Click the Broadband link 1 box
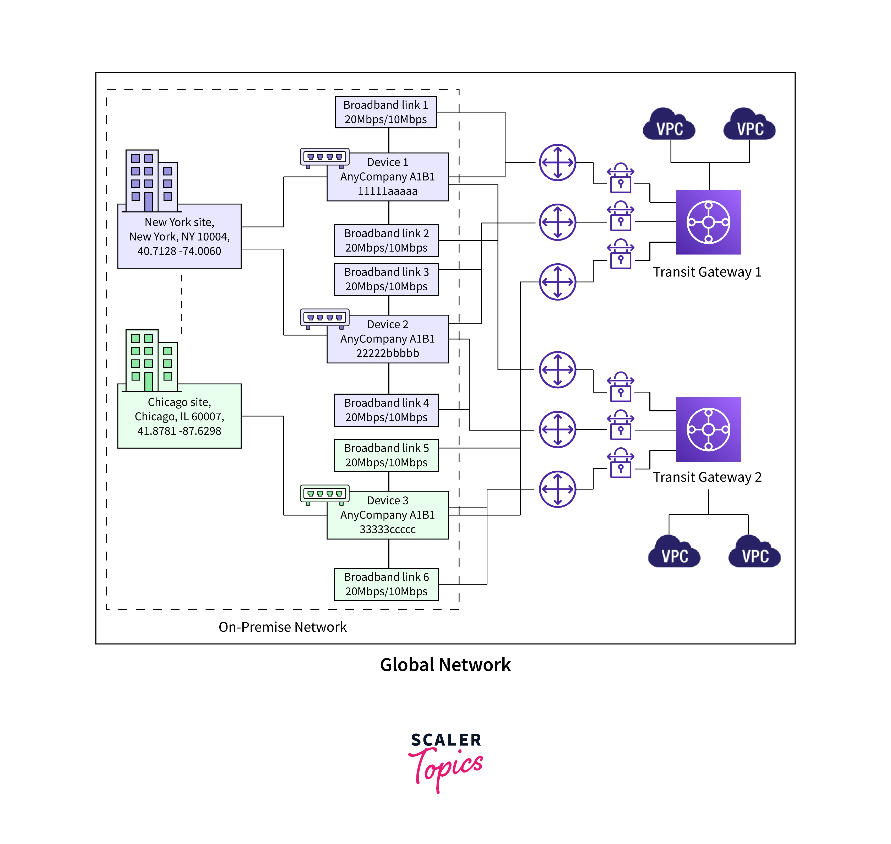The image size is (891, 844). pyautogui.click(x=386, y=112)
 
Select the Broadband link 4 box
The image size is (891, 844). pyautogui.click(x=386, y=410)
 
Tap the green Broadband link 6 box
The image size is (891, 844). pyautogui.click(x=386, y=584)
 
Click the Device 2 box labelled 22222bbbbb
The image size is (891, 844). pyautogui.click(x=387, y=339)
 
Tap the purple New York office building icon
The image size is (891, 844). pyautogui.click(x=151, y=181)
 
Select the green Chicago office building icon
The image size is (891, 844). pyautogui.click(x=151, y=361)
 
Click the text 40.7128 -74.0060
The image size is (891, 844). pyautogui.click(x=179, y=251)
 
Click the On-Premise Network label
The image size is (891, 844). pyautogui.click(x=282, y=627)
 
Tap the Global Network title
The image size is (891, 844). pyautogui.click(x=445, y=665)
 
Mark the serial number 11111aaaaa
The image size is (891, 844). pyautogui.click(x=387, y=191)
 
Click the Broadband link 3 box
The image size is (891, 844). pyautogui.click(x=386, y=279)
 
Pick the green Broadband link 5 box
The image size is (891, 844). pyautogui.click(x=386, y=455)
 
